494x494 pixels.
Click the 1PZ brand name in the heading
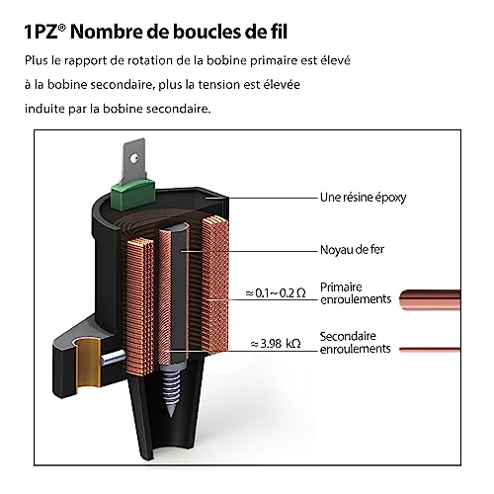(43, 30)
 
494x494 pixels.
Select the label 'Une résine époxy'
(363, 198)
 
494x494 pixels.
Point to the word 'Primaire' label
(342, 286)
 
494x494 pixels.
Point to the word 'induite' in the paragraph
(42, 108)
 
